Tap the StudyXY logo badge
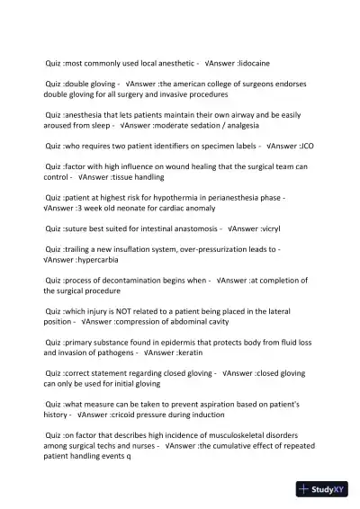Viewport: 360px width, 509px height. pyautogui.click(x=322, y=489)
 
